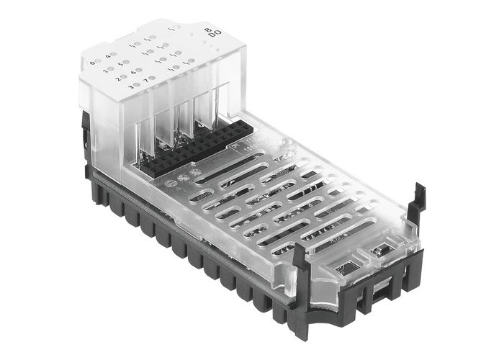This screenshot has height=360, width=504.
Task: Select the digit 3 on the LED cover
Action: coord(130,86)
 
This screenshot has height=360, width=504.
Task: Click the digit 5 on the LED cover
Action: coord(120,63)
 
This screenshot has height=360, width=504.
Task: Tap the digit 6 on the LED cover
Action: coord(132,72)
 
